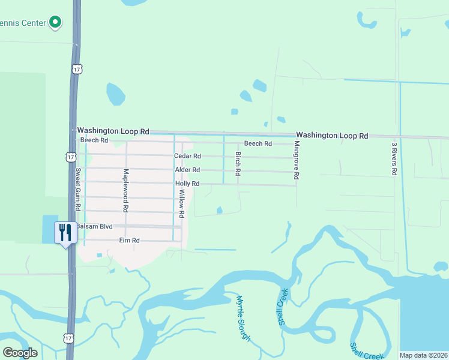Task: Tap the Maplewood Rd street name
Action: [x=126, y=191]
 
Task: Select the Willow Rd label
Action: [x=181, y=203]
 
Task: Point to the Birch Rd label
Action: [x=238, y=163]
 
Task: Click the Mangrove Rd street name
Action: [x=296, y=161]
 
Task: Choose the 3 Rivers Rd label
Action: [x=394, y=159]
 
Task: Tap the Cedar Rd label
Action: [x=187, y=156]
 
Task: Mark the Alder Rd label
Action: [x=187, y=170]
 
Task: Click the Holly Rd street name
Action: [x=187, y=184]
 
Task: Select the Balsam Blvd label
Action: [x=92, y=227]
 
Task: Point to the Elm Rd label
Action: [x=130, y=240]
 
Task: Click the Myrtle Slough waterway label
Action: [x=243, y=318]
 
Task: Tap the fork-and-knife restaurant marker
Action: [x=65, y=232]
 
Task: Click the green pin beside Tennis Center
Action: [x=56, y=23]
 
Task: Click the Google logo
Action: [x=20, y=352]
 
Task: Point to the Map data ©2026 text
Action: [x=423, y=355]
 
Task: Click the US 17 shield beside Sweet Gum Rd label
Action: [x=70, y=157]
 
